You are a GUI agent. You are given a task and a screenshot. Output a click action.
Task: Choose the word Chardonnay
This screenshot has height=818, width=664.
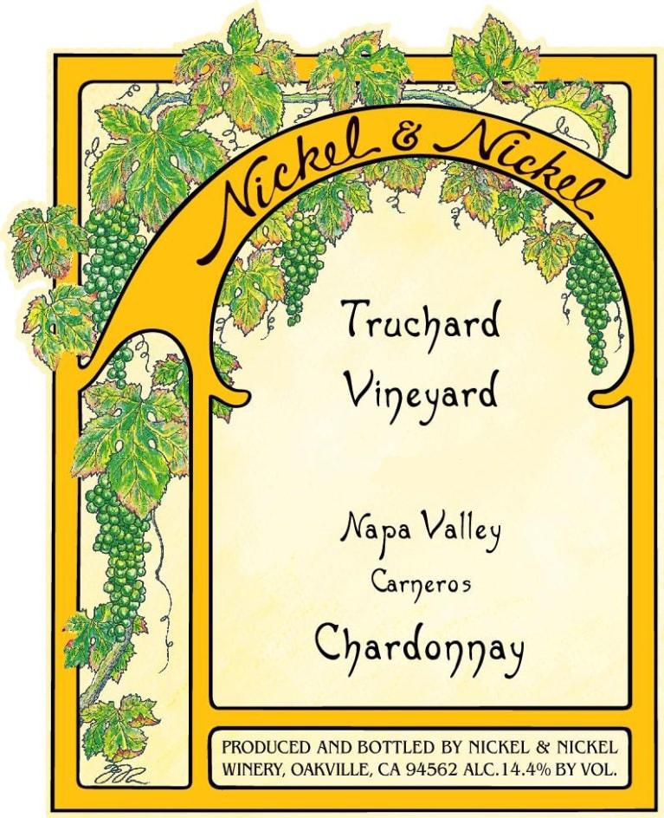419,646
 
